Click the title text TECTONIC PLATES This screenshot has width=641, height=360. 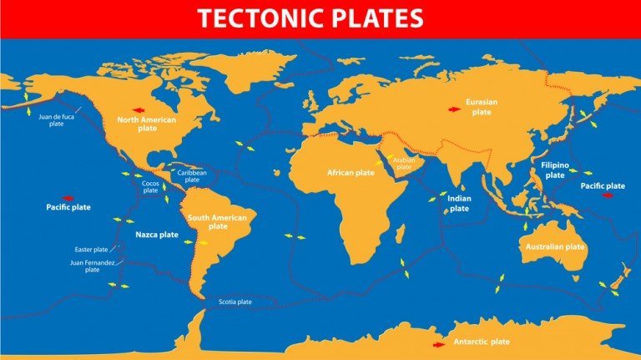320,18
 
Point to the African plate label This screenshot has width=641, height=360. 350,172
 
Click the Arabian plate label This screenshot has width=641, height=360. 403,164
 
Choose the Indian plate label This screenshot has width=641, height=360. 459,204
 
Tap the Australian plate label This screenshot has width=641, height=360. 553,247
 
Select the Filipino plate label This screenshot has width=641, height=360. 554,170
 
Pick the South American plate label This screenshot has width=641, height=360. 218,222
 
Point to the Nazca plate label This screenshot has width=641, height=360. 157,235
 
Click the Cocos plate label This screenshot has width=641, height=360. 150,186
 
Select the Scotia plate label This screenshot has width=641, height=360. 235,302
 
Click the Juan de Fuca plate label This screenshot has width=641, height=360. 57,120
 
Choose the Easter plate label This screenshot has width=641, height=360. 91,250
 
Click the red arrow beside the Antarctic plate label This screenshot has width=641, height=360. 437,343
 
